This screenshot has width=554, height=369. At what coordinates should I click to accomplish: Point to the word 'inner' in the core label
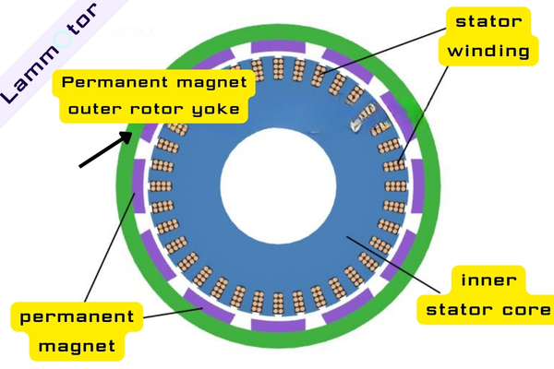[487, 280]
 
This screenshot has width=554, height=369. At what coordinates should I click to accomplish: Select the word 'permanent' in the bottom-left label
[76, 318]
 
